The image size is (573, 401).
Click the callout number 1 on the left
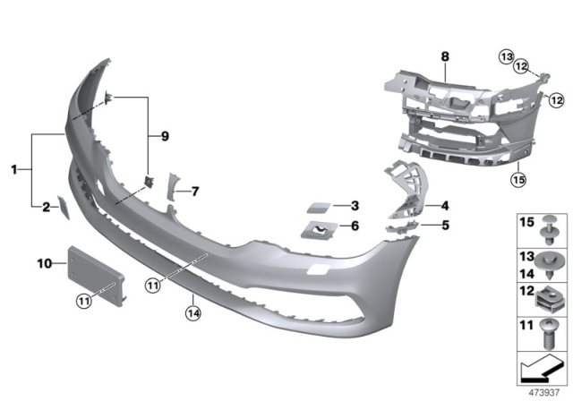click(14, 168)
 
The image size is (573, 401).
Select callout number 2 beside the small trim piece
click(47, 208)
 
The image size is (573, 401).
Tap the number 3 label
click(355, 205)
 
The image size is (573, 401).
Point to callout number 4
click(444, 205)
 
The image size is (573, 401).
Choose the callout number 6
click(355, 227)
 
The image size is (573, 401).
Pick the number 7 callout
click(195, 191)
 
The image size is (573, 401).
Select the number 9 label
click(164, 136)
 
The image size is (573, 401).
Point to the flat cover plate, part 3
click(319, 207)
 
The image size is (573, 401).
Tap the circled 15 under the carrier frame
click(518, 179)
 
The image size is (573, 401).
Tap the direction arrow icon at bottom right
click(542, 366)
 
